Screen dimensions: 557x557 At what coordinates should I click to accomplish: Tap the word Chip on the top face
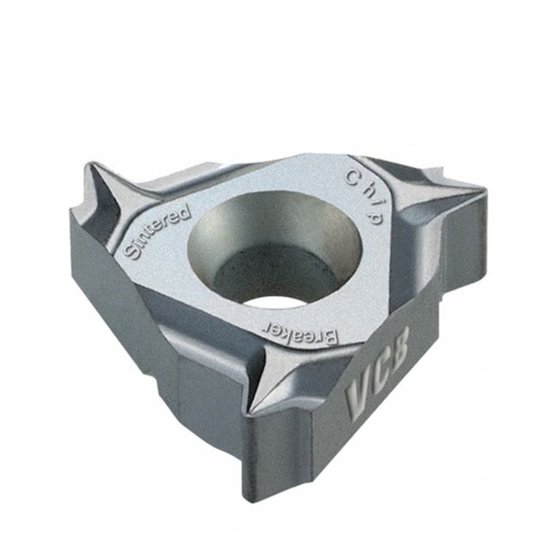(364, 196)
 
